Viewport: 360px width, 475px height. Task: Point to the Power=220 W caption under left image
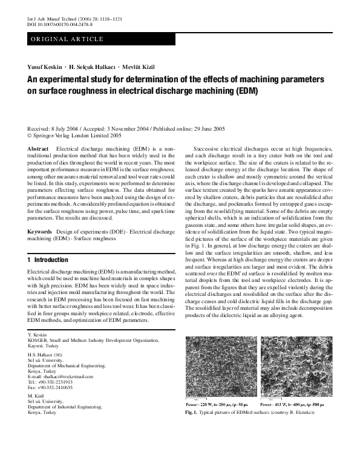[x=218, y=402]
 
